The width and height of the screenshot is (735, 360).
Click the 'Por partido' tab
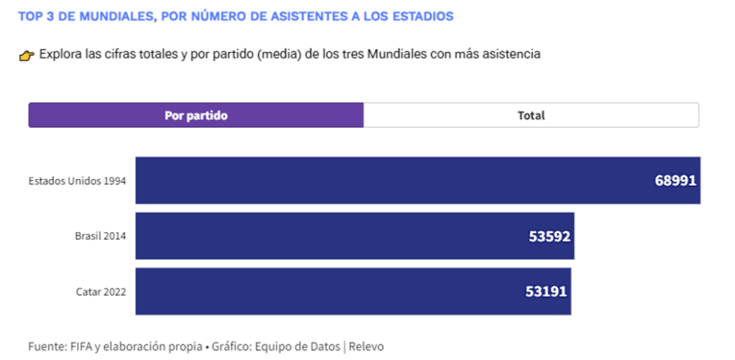point(195,116)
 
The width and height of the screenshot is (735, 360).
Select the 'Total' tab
point(531,116)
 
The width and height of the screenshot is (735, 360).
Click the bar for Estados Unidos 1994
point(388,180)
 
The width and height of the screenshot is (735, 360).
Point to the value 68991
point(675,180)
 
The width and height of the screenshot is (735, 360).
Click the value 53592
point(548,236)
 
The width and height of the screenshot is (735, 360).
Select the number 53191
point(545,291)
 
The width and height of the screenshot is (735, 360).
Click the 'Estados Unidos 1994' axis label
point(78,181)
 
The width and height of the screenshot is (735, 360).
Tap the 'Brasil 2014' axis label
point(101,236)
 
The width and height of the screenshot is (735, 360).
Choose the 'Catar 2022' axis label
point(101,292)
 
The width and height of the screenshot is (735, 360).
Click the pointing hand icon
point(27,55)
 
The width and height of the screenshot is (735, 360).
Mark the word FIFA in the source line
point(80,346)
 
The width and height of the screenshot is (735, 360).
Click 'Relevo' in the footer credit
point(366,346)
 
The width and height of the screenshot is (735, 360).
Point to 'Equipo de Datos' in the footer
point(298,346)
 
